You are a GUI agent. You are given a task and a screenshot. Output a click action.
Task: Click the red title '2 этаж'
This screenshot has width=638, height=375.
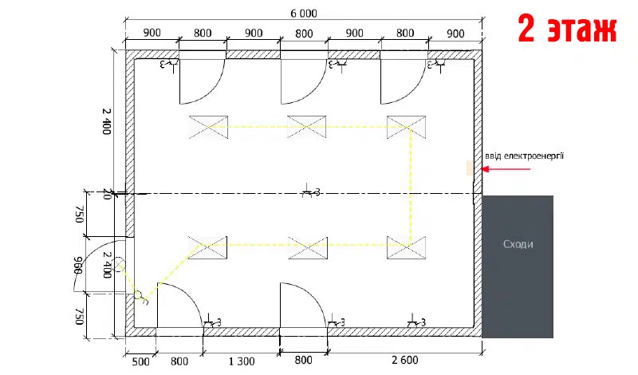click(x=567, y=29)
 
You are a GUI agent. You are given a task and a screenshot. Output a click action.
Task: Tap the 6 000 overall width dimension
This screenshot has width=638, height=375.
click(x=304, y=14)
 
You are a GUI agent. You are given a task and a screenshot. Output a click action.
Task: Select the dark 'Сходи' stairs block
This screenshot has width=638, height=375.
click(x=518, y=266)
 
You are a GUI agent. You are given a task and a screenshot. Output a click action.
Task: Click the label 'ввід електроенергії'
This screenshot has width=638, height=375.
click(x=524, y=156)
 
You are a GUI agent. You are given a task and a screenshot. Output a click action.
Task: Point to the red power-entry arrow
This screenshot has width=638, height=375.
click(x=506, y=169)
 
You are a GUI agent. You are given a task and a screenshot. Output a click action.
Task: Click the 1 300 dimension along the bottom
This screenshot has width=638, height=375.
click(x=242, y=361)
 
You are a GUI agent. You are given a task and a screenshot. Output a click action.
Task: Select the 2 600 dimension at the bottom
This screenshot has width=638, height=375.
click(x=405, y=360)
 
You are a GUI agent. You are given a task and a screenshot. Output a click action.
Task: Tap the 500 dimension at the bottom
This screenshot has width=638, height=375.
click(x=141, y=361)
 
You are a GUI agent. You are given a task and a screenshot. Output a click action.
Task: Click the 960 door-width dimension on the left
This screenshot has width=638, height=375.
click(x=78, y=265)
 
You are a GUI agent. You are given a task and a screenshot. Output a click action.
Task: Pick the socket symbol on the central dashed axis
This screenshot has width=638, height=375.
click(x=311, y=191)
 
